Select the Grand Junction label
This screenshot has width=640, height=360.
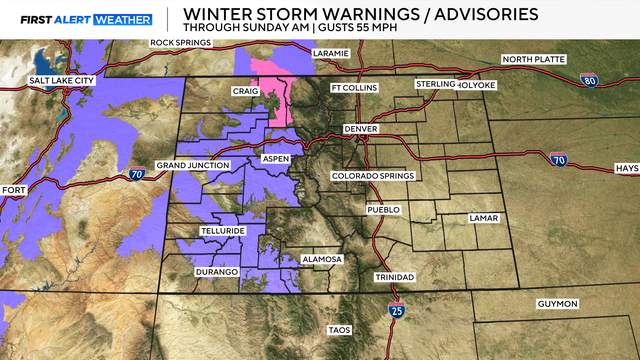tap(193, 165)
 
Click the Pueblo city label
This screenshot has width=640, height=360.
tap(383, 210)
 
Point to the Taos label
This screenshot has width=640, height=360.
tap(339, 330)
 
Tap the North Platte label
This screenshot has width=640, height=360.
tap(533, 60)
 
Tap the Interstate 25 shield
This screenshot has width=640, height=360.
tap(397, 316)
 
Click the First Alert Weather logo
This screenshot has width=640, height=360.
tap(78, 19)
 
